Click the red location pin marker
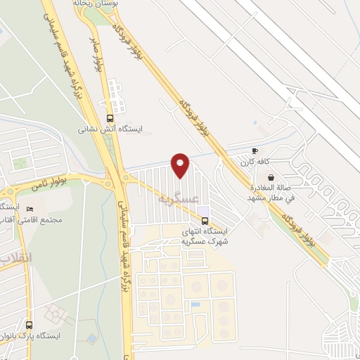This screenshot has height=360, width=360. (x=181, y=165)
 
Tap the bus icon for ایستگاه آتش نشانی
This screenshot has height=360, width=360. (x=110, y=118)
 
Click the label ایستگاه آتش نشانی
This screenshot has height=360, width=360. (x=110, y=130)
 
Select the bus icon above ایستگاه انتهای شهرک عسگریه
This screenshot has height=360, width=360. (x=205, y=219)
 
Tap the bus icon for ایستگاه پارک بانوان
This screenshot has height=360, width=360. (x=29, y=325)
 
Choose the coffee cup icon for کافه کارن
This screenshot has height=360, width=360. (x=255, y=151)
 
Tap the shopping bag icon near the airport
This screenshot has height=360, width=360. (x=271, y=177)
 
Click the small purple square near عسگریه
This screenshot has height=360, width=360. (x=204, y=210)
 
